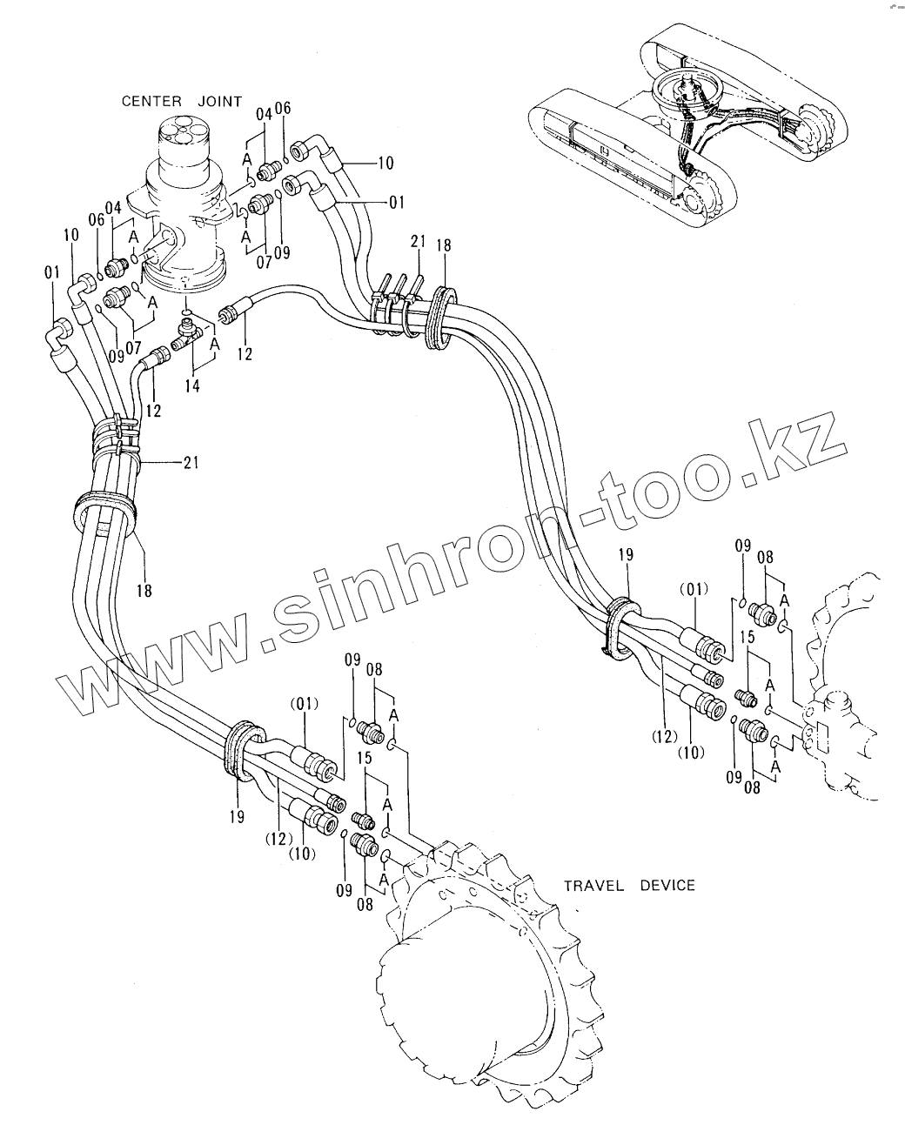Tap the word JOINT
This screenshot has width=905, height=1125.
coord(218,102)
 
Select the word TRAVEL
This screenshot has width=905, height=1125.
coord(594,886)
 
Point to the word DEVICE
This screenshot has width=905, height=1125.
coord(667,886)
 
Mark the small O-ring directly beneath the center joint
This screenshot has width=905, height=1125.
coord(187,311)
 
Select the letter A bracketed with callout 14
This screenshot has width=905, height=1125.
coord(215,344)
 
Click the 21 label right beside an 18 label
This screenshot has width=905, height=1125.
coord(418,243)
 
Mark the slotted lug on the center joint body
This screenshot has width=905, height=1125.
coord(161,244)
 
